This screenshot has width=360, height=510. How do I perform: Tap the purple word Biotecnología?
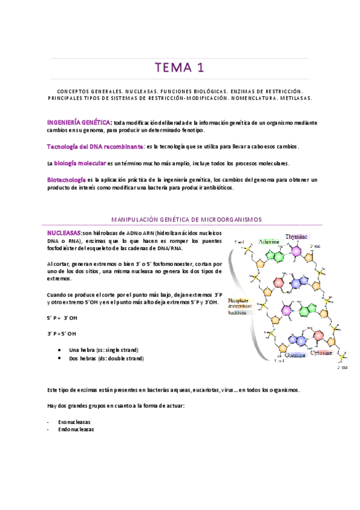pyautogui.click(x=66, y=179)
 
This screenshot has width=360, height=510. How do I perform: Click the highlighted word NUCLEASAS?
pyautogui.click(x=64, y=232)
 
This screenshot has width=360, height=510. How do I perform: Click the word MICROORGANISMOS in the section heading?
pyautogui.click(x=233, y=220)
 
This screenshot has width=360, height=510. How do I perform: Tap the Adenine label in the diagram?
pyautogui.click(x=269, y=241)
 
